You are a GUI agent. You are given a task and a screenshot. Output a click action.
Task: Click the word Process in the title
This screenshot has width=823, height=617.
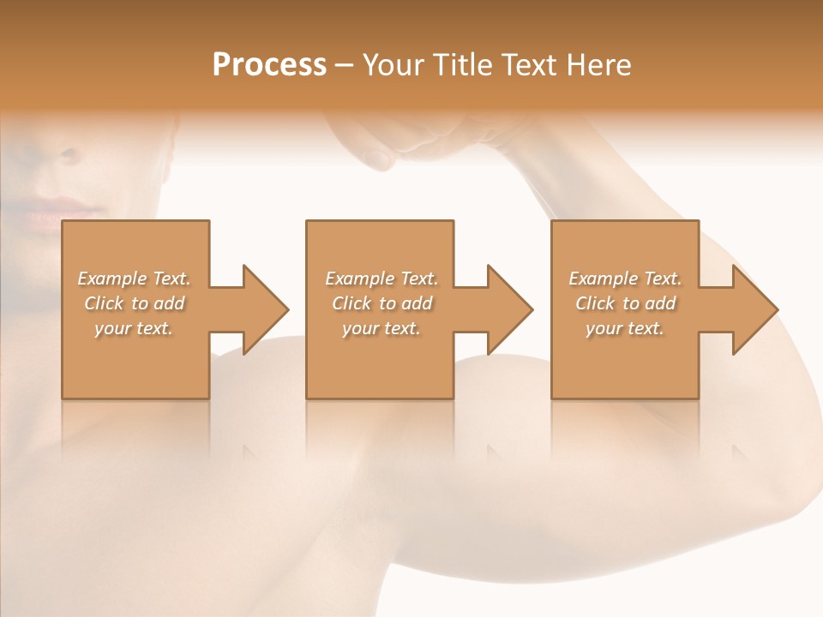pos(269,65)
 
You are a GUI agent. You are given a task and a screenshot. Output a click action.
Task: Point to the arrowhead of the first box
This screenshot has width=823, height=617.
pos(266,309)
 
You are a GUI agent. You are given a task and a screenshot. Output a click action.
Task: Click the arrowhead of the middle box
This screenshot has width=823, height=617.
pos(510,309)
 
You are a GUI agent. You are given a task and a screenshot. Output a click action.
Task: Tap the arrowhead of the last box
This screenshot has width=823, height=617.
pos(755,309)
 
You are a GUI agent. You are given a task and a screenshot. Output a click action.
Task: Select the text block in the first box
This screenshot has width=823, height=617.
pos(135,303)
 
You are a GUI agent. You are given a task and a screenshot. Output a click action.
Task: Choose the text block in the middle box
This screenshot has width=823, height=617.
pos(381,303)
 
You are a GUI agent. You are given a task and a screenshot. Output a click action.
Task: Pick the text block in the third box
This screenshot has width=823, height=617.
pos(625,303)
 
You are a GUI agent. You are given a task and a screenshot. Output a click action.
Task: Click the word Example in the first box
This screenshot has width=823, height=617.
pos(111,279)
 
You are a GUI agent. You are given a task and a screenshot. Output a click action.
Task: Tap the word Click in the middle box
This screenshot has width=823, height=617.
pos(350,303)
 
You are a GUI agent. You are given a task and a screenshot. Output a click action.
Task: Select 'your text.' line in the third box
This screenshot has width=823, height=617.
pos(625,328)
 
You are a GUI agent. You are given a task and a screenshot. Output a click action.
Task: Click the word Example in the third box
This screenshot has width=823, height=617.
pos(603,279)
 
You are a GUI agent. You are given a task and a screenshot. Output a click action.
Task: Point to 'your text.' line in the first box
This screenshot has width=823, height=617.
pos(135,328)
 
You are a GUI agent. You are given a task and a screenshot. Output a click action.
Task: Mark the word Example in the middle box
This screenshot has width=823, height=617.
pos(359,279)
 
